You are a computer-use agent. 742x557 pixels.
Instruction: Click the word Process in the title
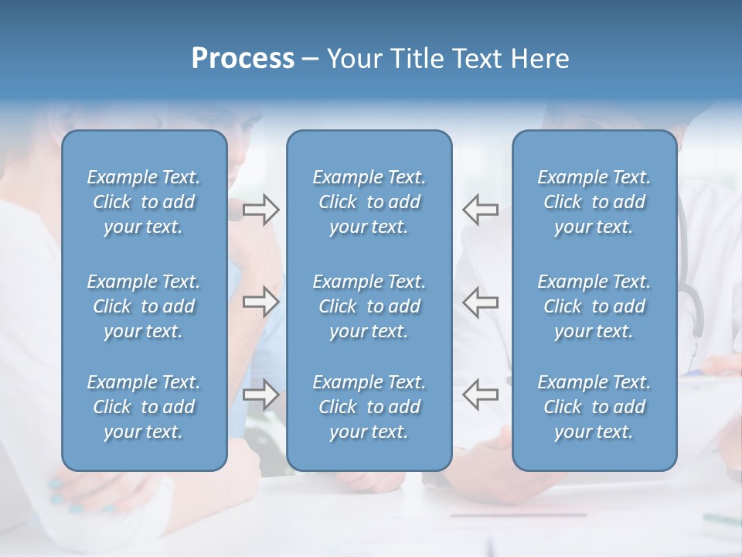pos(243,59)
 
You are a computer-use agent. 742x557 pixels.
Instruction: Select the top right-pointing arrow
pos(260,210)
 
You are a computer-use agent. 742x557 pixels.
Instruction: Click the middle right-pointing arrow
pos(260,302)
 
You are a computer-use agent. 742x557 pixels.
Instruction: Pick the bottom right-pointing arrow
pos(260,395)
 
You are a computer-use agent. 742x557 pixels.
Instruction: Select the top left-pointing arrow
pos(480,210)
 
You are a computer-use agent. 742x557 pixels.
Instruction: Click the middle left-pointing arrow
pos(480,302)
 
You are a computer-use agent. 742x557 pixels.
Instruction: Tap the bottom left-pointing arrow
pos(480,395)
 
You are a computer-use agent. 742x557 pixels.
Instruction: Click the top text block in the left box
pos(144,202)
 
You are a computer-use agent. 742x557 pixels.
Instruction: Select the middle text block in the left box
pos(144,306)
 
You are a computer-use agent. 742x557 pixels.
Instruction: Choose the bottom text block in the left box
pos(144,407)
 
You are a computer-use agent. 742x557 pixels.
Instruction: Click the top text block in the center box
pos(369,202)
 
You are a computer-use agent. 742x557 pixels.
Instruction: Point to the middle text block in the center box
pos(369,306)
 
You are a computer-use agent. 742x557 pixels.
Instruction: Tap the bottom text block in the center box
pos(369,407)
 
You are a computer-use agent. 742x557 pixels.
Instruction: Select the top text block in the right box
pos(594,202)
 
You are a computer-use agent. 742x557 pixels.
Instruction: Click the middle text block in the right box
pos(594,306)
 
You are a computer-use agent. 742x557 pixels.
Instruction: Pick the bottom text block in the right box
pos(594,407)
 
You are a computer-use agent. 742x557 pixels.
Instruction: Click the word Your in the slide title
pos(352,59)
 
